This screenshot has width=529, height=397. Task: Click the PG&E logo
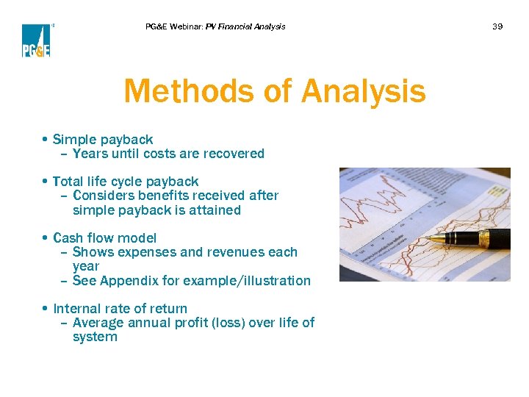[36, 40]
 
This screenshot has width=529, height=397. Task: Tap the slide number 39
[497, 26]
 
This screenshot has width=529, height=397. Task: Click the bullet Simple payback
[103, 139]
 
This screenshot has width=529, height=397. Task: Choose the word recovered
[237, 154]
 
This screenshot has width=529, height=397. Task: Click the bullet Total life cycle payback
[126, 181]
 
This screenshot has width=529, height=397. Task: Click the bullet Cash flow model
[104, 237]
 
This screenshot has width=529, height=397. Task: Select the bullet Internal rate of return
[120, 309]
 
